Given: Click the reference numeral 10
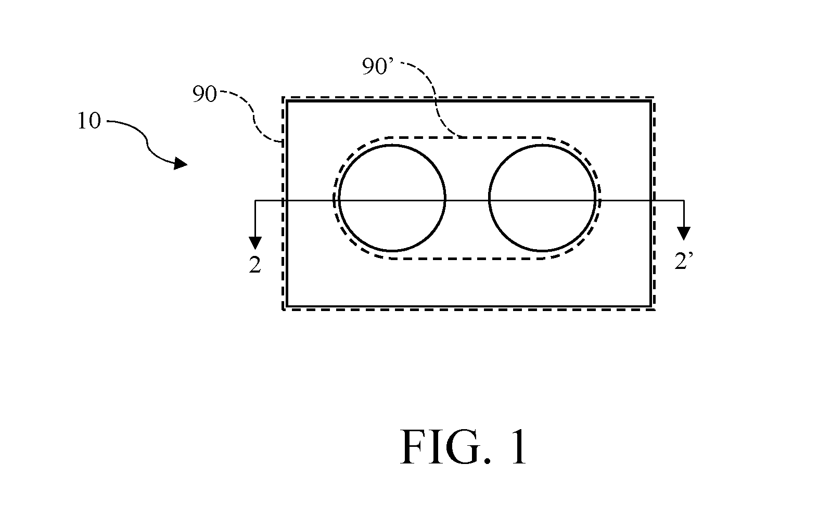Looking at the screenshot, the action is pos(89,121).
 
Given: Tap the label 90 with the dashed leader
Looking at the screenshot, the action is pos(204,94).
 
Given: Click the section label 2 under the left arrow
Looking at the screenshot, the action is pos(255,265).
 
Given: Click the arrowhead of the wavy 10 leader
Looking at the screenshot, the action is pos(181,163).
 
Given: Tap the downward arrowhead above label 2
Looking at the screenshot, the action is pos(255,243).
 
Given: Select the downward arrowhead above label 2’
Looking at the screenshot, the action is pos(684,234).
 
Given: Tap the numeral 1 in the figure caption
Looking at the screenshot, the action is pos(519,447).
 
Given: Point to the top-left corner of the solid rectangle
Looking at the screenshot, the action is pos(287,101).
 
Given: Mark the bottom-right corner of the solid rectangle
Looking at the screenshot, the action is pos(651,306).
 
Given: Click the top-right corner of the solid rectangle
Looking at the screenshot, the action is pos(651,101).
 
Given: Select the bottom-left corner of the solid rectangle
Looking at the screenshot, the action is pos(287,306).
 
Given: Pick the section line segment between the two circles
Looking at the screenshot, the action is pos(467,200).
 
